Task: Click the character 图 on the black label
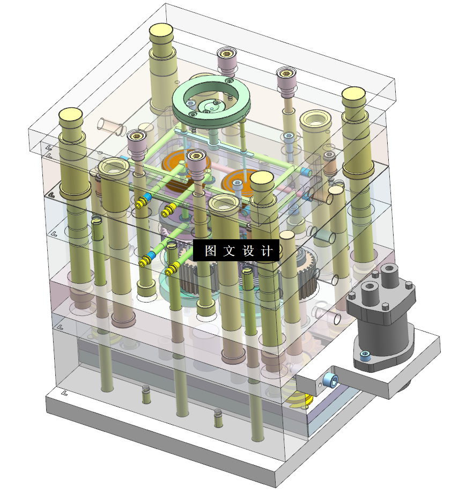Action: pos(210,251)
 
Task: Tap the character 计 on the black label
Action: pos(267,251)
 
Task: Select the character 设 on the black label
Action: pos(248,251)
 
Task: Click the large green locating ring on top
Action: pos(211,100)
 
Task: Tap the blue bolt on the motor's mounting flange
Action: pos(365,355)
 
